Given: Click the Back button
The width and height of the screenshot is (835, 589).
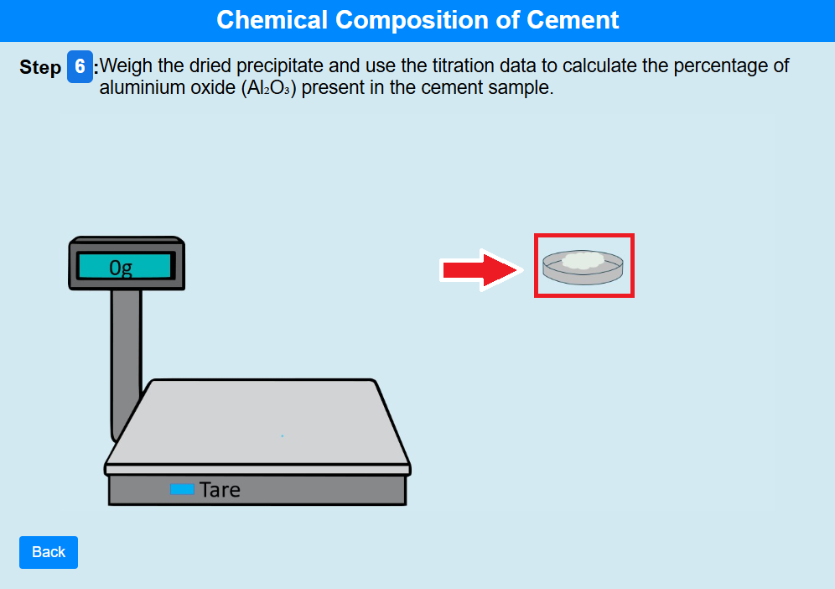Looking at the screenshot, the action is (x=49, y=552).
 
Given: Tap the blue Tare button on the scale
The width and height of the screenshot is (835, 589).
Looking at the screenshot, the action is (x=182, y=489).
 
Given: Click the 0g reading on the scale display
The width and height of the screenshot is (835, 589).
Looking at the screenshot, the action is (x=121, y=267).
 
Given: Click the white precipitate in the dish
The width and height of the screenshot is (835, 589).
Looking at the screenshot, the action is (x=583, y=260).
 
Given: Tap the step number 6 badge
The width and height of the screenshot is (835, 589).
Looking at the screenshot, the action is (x=80, y=66).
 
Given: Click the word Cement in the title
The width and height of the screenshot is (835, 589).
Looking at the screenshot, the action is (x=573, y=20).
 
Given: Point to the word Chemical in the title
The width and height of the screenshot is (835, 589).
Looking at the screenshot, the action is (x=272, y=20).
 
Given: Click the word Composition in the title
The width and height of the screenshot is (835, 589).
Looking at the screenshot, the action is (x=412, y=20).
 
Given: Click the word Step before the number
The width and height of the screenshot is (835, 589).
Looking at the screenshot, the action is (x=40, y=67).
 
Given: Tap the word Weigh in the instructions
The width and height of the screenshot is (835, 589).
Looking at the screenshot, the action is (x=127, y=65).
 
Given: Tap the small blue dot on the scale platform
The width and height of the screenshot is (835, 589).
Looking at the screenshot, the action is (x=283, y=436).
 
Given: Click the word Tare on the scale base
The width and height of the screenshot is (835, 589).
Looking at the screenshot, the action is (x=220, y=489).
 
